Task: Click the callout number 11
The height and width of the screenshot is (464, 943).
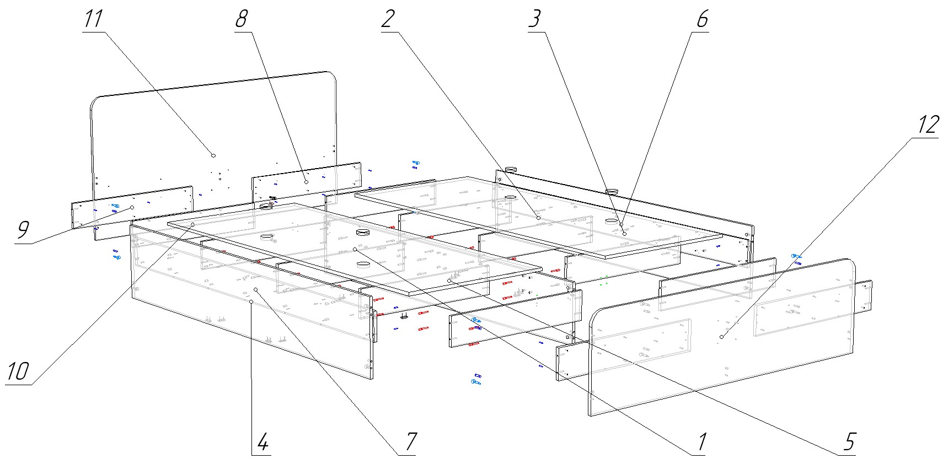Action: click(94, 19)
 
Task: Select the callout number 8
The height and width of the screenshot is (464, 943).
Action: click(241, 19)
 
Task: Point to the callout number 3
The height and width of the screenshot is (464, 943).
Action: click(534, 19)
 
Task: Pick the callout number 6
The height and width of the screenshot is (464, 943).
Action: click(701, 19)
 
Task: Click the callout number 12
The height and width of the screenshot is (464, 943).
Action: click(928, 125)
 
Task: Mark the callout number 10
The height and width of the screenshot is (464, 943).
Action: click(17, 372)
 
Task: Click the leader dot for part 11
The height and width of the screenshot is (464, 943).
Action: click(213, 155)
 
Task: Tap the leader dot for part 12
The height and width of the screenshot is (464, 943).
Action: click(721, 337)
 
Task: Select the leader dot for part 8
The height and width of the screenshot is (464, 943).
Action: click(306, 181)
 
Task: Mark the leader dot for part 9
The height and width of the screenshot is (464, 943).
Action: click(132, 208)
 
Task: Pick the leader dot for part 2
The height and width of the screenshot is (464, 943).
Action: click(538, 218)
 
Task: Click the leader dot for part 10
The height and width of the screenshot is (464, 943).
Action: click(192, 224)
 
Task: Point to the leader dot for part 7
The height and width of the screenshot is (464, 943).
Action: click(256, 289)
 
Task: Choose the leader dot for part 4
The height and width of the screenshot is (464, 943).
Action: click(251, 302)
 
